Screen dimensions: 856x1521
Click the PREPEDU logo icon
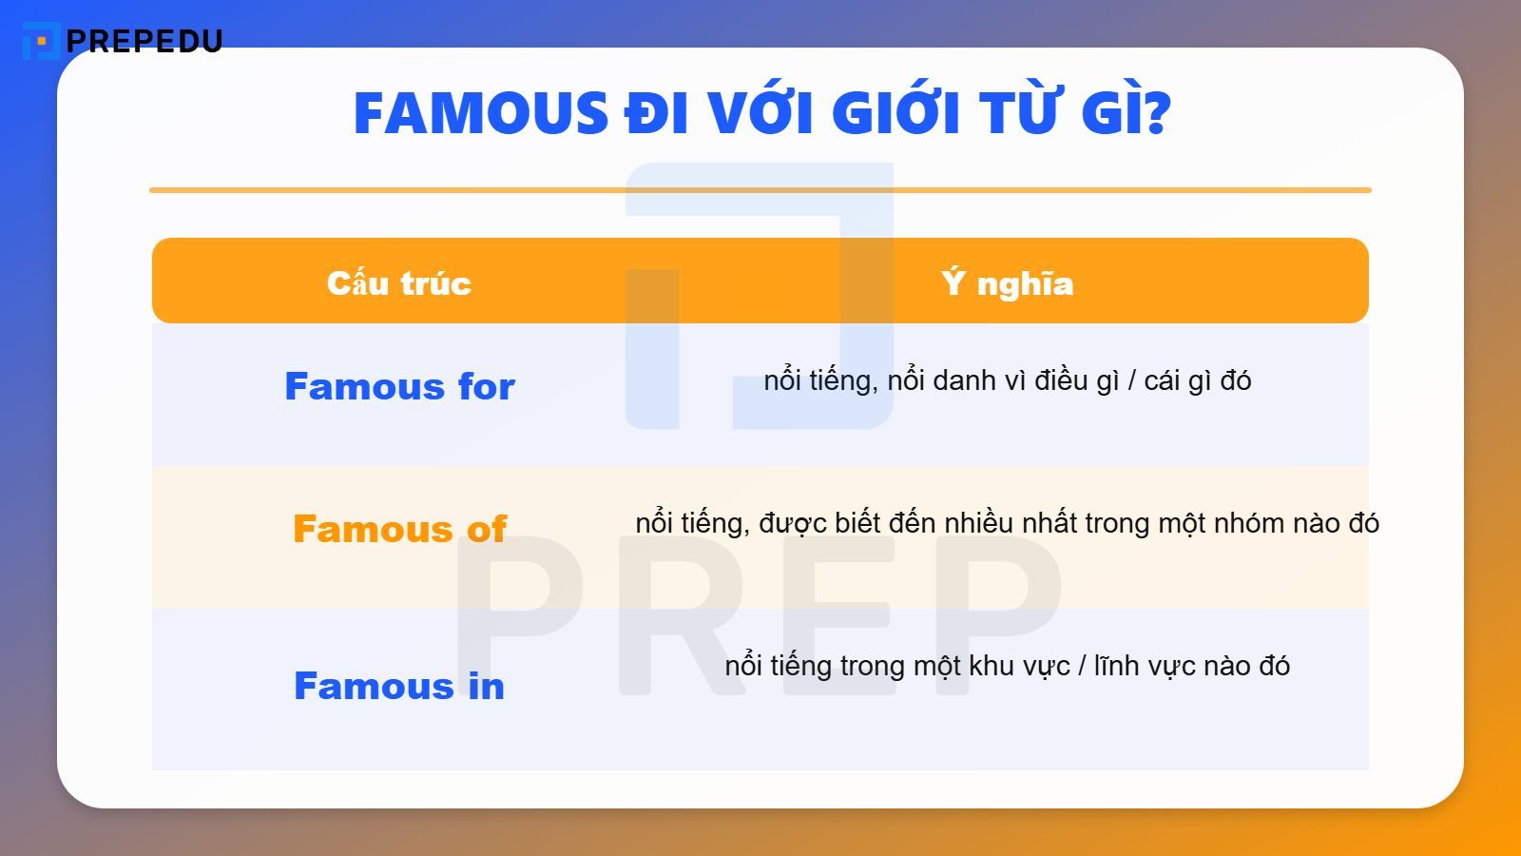click(x=40, y=41)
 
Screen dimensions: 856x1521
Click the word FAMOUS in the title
click(x=480, y=113)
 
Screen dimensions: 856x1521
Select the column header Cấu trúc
click(x=399, y=282)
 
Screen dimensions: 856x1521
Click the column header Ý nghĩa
click(x=1007, y=282)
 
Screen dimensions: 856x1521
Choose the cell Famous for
click(x=399, y=386)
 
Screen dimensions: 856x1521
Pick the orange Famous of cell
click(x=399, y=529)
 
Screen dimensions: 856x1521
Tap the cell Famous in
click(x=399, y=686)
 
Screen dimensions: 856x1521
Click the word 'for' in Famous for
click(x=486, y=386)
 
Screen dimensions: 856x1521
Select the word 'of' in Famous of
click(x=486, y=529)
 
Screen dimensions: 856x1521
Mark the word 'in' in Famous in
click(x=486, y=686)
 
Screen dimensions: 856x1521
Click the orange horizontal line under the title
click(x=760, y=190)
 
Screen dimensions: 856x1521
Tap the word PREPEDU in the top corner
click(x=144, y=41)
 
